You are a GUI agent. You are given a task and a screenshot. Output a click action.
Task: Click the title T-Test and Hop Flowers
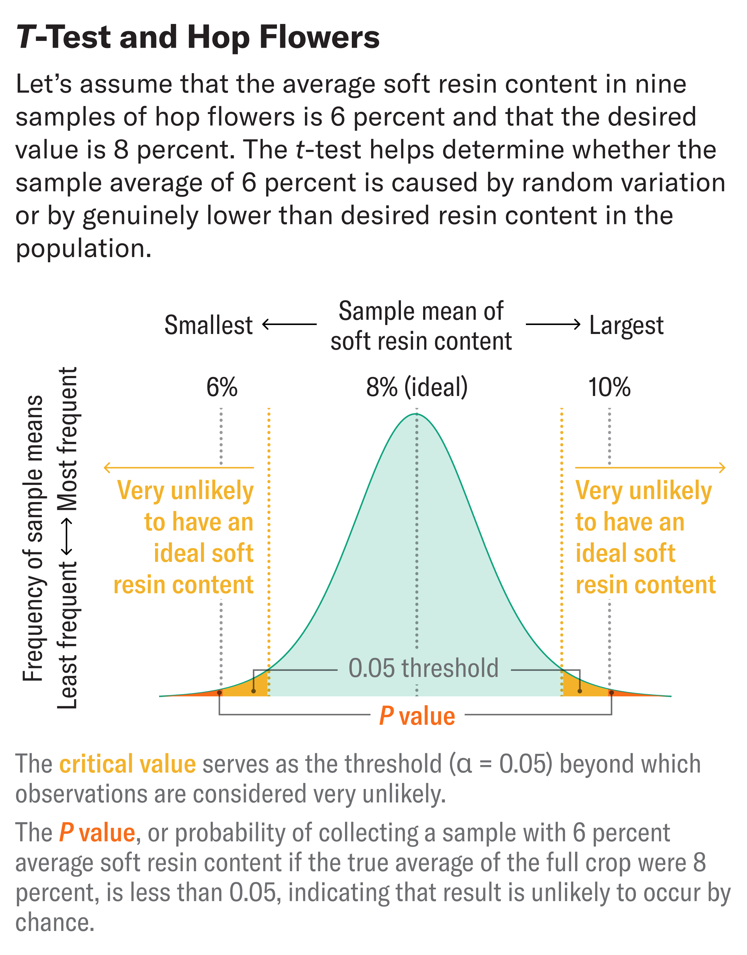point(198,37)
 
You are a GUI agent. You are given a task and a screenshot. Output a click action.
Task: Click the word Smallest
point(208,325)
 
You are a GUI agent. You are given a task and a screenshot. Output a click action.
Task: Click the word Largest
point(626,325)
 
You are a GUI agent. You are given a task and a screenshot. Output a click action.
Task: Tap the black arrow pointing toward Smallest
point(289,325)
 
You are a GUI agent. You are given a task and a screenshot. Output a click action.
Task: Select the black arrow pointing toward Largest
point(553,325)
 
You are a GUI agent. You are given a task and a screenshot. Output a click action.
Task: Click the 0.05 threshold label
point(423,668)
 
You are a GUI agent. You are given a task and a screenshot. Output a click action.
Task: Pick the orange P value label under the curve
point(417,716)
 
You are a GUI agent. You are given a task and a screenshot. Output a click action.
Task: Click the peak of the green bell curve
point(416,414)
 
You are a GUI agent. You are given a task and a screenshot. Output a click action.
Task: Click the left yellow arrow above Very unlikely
point(178,468)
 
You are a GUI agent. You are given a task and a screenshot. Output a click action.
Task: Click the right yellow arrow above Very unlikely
point(650,468)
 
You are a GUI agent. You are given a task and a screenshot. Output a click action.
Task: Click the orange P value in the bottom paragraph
point(97,832)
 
